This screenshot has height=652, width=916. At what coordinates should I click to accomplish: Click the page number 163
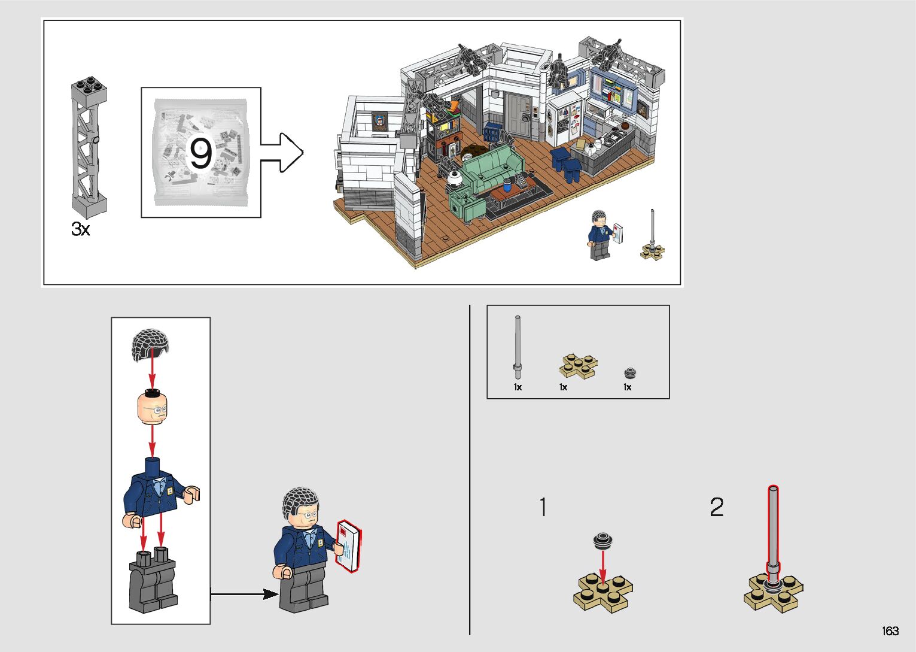890,631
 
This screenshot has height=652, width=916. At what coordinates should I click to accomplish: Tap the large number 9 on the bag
200,153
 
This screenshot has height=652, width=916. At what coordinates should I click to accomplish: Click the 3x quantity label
80,229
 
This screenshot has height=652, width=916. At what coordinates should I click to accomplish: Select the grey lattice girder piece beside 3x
89,147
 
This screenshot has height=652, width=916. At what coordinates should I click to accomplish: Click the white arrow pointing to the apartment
282,153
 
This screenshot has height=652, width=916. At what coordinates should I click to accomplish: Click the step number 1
543,507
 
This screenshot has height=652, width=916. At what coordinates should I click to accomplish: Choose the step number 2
716,507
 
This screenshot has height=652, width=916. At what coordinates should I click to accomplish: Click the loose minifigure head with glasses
152,407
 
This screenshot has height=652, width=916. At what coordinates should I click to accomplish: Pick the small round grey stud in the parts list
629,373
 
